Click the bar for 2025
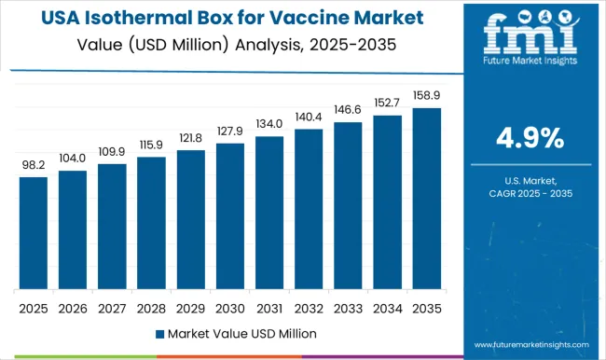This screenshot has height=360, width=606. (33, 232)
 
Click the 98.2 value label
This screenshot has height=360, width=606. (33, 165)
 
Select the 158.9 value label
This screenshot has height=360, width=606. (426, 96)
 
